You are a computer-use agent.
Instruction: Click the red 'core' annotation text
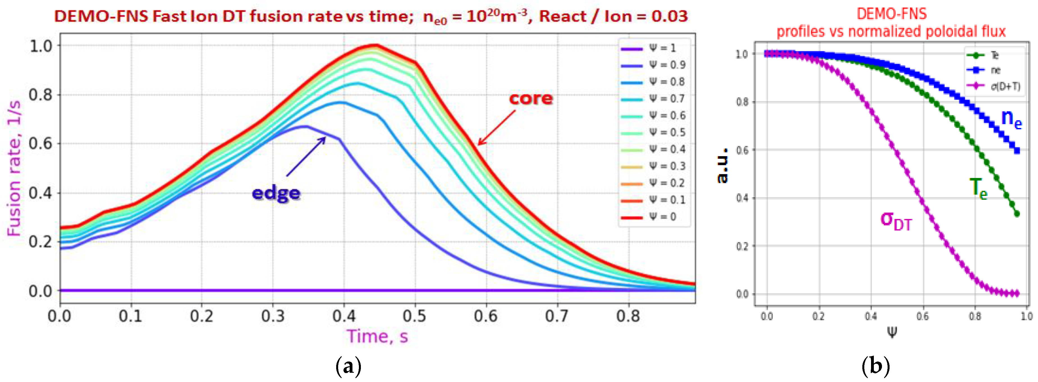(x=531, y=98)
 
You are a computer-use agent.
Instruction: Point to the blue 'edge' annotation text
(x=276, y=193)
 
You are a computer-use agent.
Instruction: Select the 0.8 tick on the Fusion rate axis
(x=41, y=95)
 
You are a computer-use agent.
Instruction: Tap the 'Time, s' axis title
(x=377, y=336)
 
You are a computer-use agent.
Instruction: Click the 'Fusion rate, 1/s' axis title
(x=14, y=168)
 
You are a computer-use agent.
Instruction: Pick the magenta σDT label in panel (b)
(x=895, y=221)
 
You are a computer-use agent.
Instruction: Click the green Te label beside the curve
(x=978, y=188)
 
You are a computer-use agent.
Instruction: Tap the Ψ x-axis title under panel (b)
(x=892, y=332)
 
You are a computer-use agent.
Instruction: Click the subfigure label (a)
(x=348, y=367)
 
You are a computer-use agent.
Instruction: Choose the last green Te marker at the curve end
(x=1017, y=214)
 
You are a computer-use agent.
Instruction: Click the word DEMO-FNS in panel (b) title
(x=892, y=14)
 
